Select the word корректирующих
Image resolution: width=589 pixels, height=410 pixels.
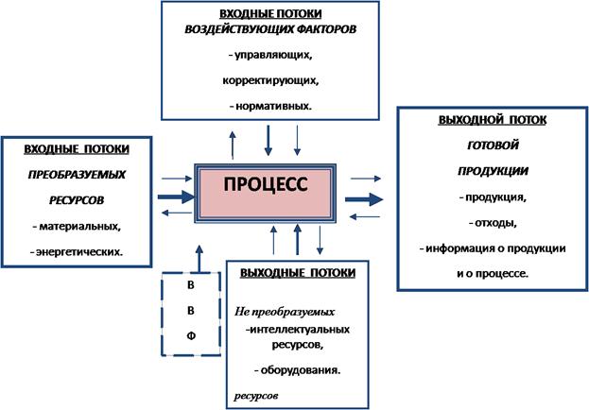(x=270, y=82)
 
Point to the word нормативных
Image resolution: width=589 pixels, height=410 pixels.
(x=274, y=108)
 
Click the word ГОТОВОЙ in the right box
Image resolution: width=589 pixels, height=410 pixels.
(x=490, y=146)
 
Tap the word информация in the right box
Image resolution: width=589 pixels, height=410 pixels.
(x=465, y=248)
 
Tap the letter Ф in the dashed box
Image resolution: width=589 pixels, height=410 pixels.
(x=191, y=335)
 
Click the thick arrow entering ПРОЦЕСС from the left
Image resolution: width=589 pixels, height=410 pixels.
(x=172, y=197)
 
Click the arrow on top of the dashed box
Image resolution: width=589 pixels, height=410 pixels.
(x=199, y=256)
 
